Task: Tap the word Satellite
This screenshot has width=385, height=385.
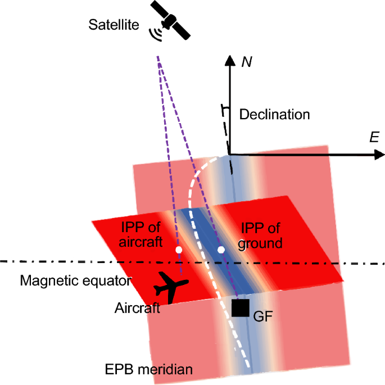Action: [114, 25]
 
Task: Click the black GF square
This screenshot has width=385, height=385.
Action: [241, 308]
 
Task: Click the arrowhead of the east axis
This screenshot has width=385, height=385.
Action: [376, 155]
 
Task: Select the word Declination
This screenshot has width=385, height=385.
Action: [275, 115]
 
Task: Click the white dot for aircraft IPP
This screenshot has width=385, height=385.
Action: [179, 248]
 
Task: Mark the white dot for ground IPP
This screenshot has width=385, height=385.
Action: [221, 248]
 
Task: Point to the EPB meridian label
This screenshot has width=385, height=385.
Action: [150, 369]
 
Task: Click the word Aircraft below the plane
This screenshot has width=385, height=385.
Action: [138, 307]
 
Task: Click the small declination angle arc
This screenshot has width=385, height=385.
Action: [225, 107]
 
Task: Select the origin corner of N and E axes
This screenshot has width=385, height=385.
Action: [229, 155]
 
